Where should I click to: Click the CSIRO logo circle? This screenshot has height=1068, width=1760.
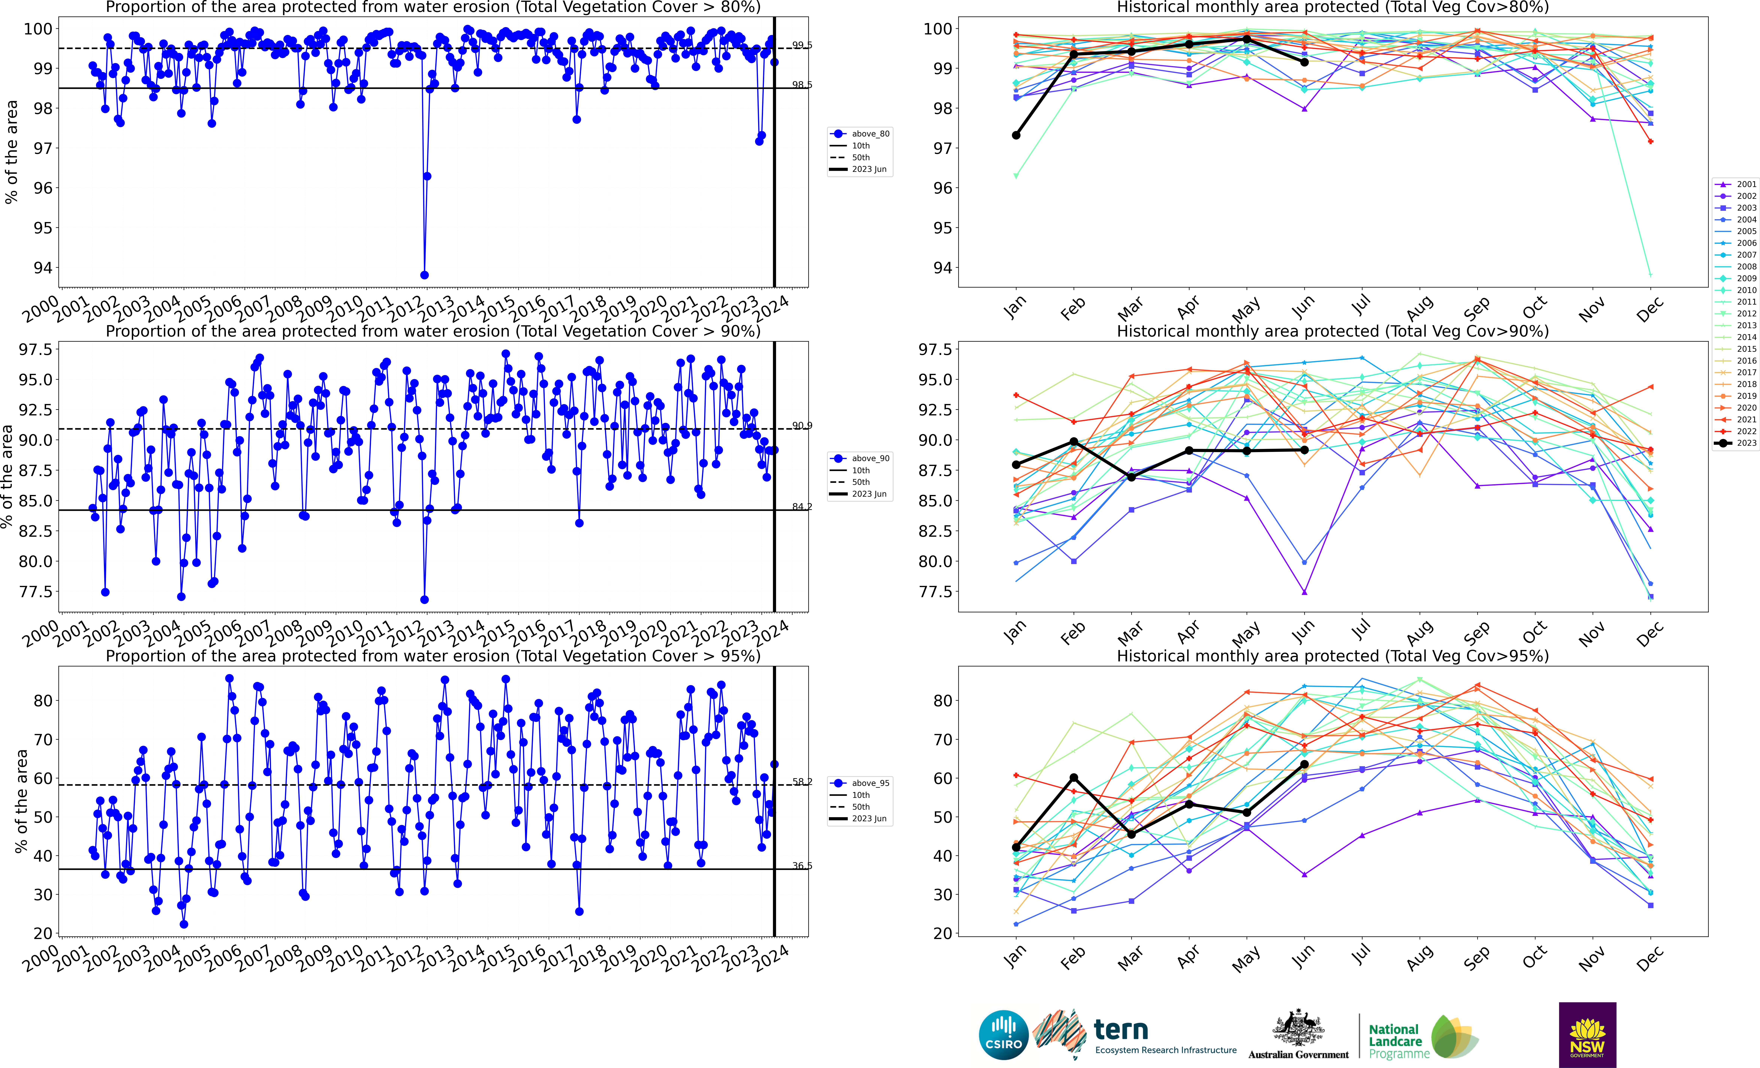tap(1004, 1034)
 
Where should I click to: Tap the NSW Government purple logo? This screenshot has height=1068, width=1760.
tap(1587, 1034)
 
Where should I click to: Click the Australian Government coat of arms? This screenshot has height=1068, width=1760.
tap(1298, 1029)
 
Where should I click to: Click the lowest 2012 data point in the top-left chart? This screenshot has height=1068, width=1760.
tap(424, 275)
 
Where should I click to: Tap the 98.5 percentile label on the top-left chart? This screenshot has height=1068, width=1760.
tap(801, 84)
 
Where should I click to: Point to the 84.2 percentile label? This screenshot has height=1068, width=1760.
tap(801, 507)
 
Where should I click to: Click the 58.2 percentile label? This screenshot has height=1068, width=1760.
tap(801, 782)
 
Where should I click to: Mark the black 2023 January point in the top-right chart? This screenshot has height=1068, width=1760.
tap(1016, 135)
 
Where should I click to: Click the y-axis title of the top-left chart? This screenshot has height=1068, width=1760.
tap(11, 151)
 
